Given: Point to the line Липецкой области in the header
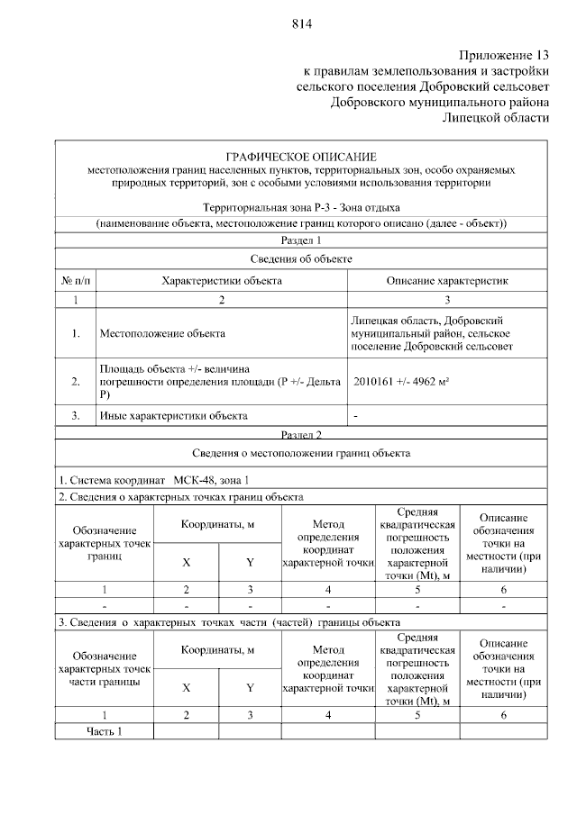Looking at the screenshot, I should coord(495,118).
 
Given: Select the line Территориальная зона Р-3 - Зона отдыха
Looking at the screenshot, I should coord(301,208).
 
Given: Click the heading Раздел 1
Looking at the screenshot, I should coord(301,240).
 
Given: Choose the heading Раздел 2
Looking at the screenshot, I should coord(301,434).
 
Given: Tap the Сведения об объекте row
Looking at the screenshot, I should coord(301,259).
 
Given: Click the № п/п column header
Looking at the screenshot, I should coord(77,281).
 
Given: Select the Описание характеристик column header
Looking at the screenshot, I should coord(447,281).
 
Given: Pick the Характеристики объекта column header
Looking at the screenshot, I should coord(222,281).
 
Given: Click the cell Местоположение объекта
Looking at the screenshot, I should coord(162,334).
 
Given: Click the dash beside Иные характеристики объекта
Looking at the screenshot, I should coord(357,416).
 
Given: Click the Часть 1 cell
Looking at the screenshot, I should coord(104,730).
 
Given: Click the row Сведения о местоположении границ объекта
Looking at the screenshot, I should coord(301,453).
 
